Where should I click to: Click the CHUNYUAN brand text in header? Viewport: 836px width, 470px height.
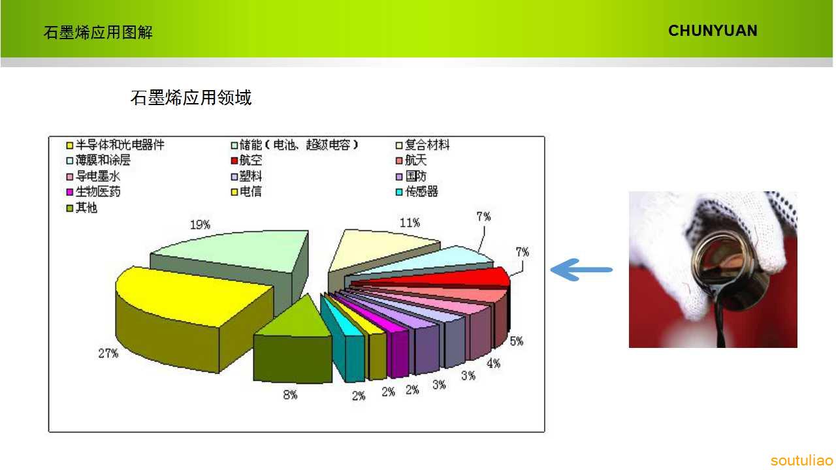pyautogui.click(x=713, y=31)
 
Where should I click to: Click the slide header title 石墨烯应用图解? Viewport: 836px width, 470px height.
pyautogui.click(x=98, y=33)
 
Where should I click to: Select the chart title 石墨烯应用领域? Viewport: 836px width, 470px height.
pyautogui.click(x=191, y=98)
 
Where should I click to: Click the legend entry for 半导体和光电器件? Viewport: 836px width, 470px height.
pyautogui.click(x=116, y=145)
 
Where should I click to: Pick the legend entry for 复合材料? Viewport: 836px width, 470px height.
pyautogui.click(x=423, y=145)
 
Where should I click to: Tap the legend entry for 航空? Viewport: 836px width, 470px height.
pyautogui.click(x=246, y=161)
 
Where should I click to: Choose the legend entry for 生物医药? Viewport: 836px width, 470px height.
pyautogui.click(x=93, y=192)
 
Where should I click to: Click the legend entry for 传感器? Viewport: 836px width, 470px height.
pyautogui.click(x=417, y=192)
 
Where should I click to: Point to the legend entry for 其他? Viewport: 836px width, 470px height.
pyautogui.click(x=82, y=208)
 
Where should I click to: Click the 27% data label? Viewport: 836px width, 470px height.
pyautogui.click(x=108, y=353)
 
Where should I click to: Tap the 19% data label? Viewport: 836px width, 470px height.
pyautogui.click(x=200, y=225)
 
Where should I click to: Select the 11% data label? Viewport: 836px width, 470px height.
pyautogui.click(x=410, y=223)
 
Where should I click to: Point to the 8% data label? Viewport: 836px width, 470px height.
pyautogui.click(x=290, y=395)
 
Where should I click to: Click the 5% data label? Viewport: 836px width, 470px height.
pyautogui.click(x=517, y=341)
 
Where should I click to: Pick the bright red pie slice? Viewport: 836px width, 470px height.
pyautogui.click(x=440, y=279)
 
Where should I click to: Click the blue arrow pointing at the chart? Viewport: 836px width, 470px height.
pyautogui.click(x=581, y=270)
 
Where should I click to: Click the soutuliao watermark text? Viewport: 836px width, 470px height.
pyautogui.click(x=801, y=461)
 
